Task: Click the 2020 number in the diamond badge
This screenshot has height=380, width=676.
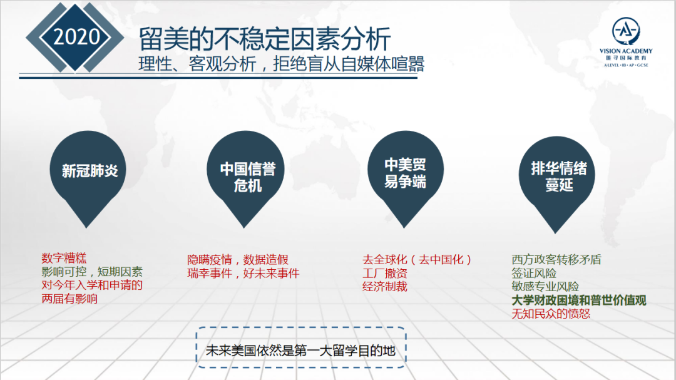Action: pyautogui.click(x=76, y=37)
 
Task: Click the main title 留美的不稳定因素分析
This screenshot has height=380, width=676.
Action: pyautogui.click(x=265, y=38)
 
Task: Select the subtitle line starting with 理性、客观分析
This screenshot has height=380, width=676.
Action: pyautogui.click(x=282, y=64)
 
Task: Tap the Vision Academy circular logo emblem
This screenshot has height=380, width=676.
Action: pyautogui.click(x=625, y=31)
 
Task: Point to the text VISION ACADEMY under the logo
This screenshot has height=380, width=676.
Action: pyautogui.click(x=625, y=51)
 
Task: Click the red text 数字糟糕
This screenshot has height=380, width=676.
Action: pyautogui.click(x=64, y=259)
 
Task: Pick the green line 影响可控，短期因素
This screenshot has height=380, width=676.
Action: pyautogui.click(x=92, y=272)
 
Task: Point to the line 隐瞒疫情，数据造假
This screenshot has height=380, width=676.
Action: pyautogui.click(x=238, y=260)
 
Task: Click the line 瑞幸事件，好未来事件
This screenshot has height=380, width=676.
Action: pyautogui.click(x=243, y=273)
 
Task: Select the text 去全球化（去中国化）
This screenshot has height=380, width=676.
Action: pyautogui.click(x=417, y=260)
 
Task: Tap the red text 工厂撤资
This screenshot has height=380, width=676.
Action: pyautogui.click(x=384, y=273)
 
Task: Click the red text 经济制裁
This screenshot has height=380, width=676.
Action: pyautogui.click(x=384, y=286)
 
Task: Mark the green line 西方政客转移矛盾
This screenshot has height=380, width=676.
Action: pyautogui.click(x=556, y=260)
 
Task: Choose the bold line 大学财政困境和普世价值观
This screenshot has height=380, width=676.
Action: pyautogui.click(x=578, y=300)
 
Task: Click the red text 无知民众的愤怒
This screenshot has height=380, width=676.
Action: pyautogui.click(x=551, y=314)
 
